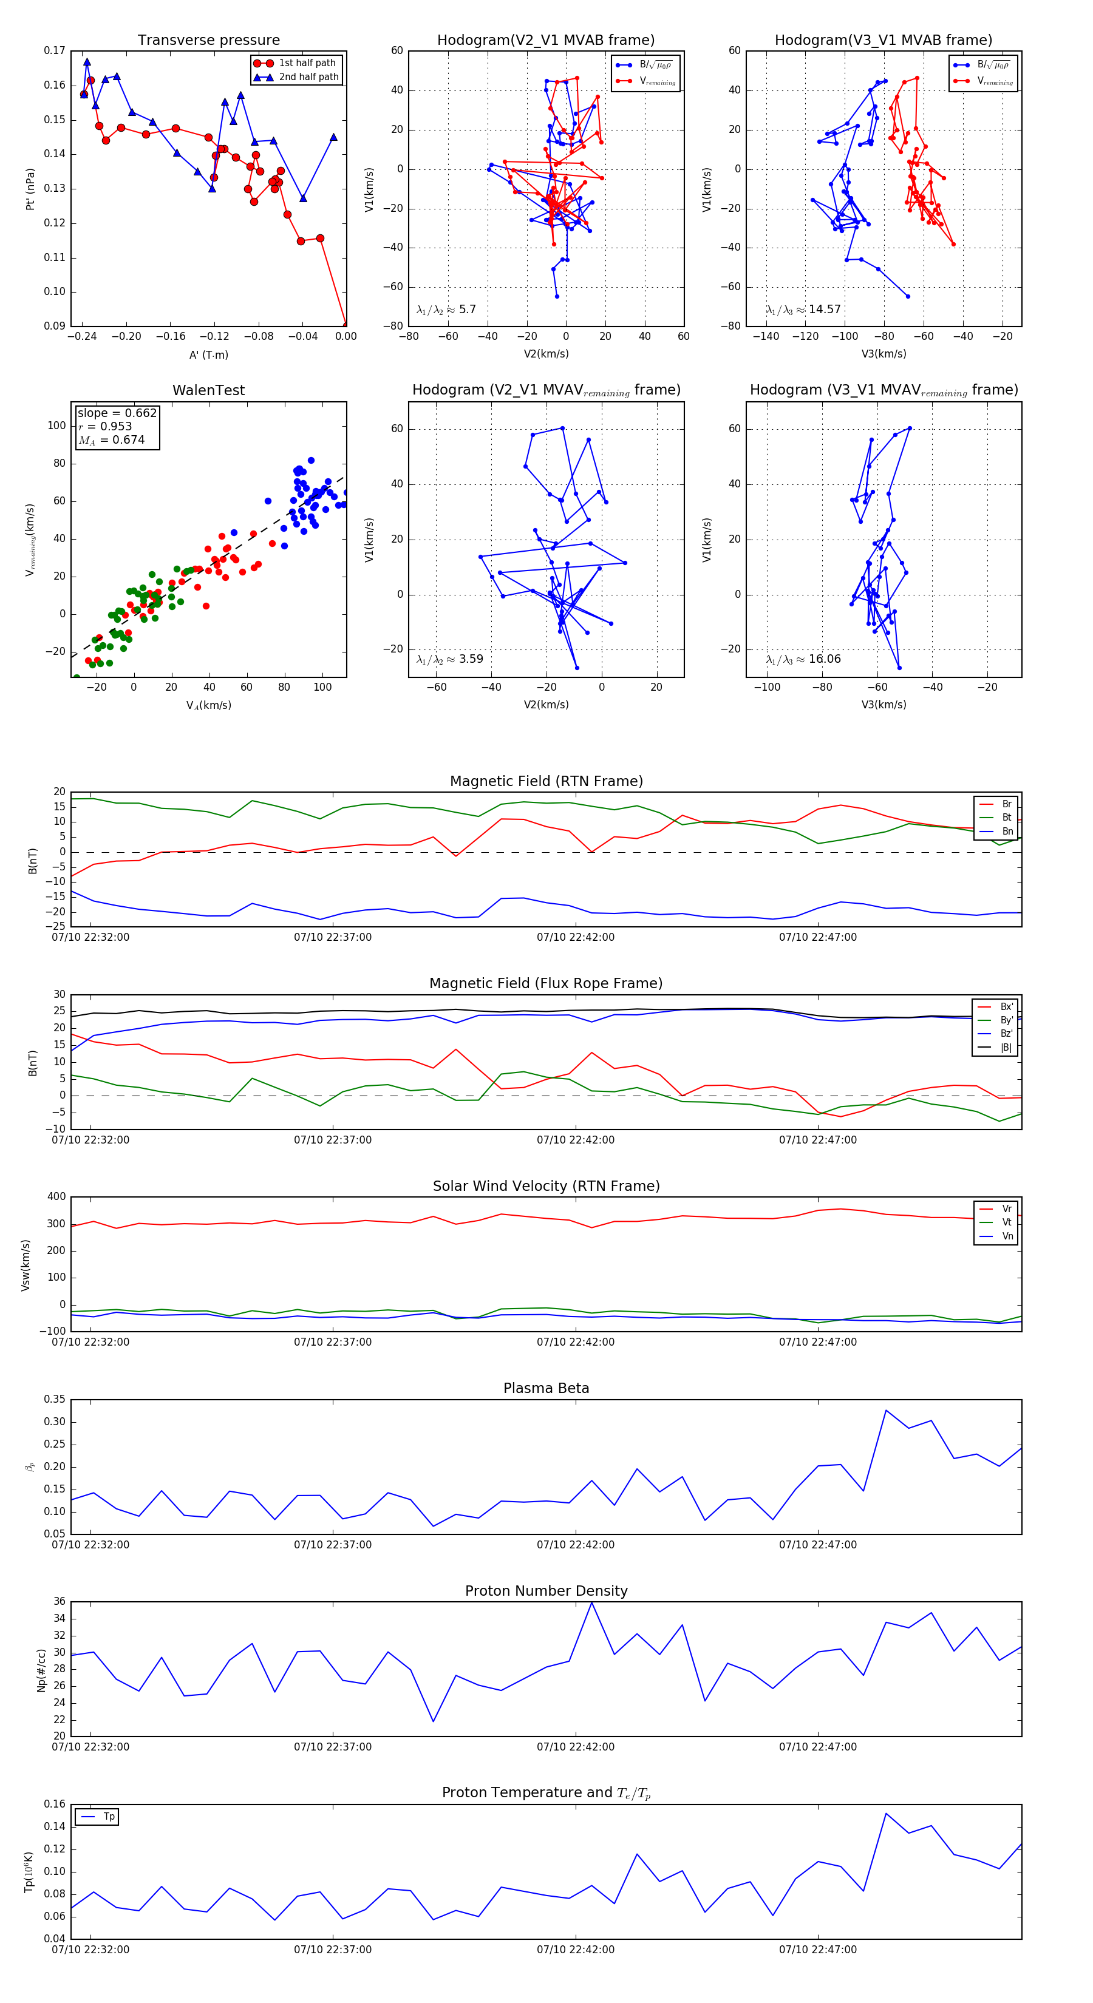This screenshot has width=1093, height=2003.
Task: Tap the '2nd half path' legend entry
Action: click(308, 77)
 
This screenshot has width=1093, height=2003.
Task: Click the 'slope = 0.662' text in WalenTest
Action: click(117, 413)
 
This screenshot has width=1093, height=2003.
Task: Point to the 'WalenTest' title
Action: click(208, 390)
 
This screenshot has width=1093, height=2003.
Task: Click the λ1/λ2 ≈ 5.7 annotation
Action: click(446, 310)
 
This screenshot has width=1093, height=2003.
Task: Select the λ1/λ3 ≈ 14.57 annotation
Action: click(803, 310)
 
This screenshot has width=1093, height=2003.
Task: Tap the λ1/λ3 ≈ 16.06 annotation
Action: click(803, 659)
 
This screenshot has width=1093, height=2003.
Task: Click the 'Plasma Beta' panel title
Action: click(546, 1389)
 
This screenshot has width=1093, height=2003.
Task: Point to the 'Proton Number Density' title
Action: click(546, 1591)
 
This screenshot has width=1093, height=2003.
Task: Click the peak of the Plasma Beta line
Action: click(886, 1410)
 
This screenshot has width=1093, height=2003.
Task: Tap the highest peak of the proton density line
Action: click(592, 1602)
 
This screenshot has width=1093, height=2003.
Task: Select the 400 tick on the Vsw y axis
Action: click(56, 1197)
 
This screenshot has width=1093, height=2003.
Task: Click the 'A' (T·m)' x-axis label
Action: click(208, 354)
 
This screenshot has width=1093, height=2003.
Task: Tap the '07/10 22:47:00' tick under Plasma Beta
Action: click(817, 1544)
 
